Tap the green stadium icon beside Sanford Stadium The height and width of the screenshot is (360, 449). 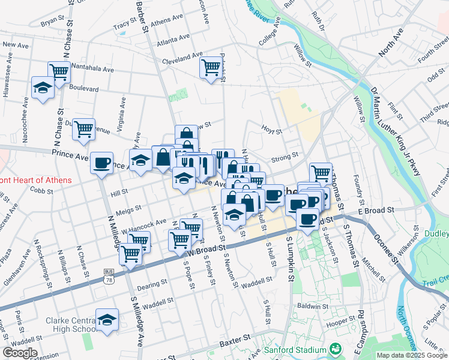336,348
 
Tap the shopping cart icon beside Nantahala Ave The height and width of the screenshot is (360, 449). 59,72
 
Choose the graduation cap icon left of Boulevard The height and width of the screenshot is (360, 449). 43,88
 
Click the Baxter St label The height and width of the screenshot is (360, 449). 234,343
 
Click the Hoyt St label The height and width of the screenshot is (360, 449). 271,128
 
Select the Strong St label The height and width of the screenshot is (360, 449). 285,157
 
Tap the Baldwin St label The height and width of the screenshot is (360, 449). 311,306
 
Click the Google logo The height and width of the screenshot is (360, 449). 20,352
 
